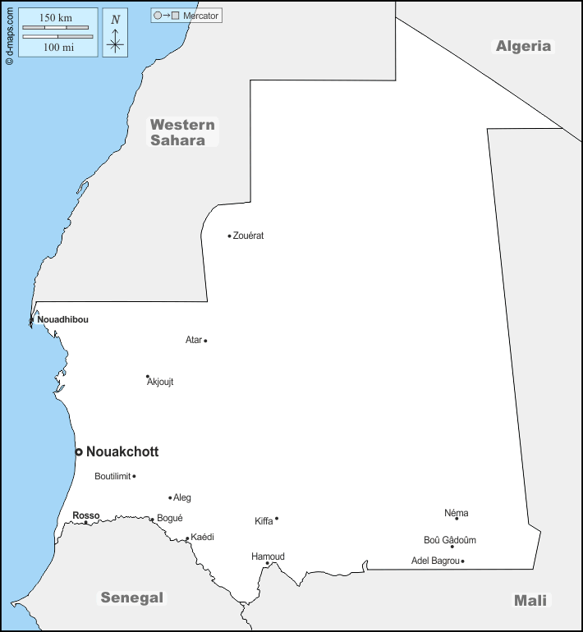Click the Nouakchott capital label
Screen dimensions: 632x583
click(x=122, y=451)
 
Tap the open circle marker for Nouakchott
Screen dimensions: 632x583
click(x=79, y=451)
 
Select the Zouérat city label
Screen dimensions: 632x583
click(x=248, y=236)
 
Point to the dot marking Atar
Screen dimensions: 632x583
click(x=205, y=341)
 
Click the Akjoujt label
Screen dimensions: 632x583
click(x=160, y=382)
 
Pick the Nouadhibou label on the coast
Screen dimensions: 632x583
click(x=62, y=319)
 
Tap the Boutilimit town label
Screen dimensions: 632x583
click(x=112, y=476)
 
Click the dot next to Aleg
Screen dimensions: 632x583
click(x=170, y=497)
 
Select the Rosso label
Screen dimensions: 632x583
click(x=85, y=515)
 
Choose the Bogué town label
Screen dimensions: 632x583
click(x=169, y=518)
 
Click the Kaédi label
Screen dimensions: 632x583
click(x=202, y=537)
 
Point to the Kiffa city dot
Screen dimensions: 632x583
click(x=277, y=518)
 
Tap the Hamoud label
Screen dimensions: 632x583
click(x=268, y=556)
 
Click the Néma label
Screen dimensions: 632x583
click(x=457, y=513)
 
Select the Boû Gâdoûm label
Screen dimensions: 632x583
click(x=449, y=540)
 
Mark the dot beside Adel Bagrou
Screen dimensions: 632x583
click(x=462, y=561)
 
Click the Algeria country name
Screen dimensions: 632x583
click(x=523, y=46)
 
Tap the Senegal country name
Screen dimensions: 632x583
click(x=131, y=598)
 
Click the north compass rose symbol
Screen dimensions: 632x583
click(x=116, y=34)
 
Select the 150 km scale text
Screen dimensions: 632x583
click(x=57, y=18)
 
